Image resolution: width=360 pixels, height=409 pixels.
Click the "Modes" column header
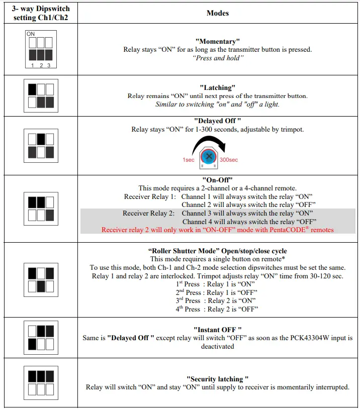click(x=218, y=13)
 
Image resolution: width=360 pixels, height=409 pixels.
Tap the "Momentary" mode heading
click(x=218, y=41)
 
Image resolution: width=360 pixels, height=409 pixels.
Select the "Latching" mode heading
click(x=218, y=87)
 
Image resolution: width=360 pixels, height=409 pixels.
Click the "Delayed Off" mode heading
click(x=218, y=121)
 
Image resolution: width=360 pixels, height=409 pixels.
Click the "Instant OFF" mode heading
click(x=218, y=329)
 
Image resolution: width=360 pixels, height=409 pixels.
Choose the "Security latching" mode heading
click(x=218, y=378)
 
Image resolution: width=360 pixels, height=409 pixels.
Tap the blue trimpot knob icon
click(x=209, y=156)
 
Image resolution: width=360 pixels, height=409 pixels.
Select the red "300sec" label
click(x=229, y=160)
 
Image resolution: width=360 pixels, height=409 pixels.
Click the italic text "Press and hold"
click(x=218, y=58)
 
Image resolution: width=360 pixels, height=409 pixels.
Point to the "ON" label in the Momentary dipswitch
click(x=31, y=34)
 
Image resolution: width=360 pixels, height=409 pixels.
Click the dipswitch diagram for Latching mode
click(x=41, y=95)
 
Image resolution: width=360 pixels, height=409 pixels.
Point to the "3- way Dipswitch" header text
click(x=41, y=9)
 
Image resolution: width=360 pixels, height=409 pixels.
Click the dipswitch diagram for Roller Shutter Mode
click(x=41, y=279)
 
